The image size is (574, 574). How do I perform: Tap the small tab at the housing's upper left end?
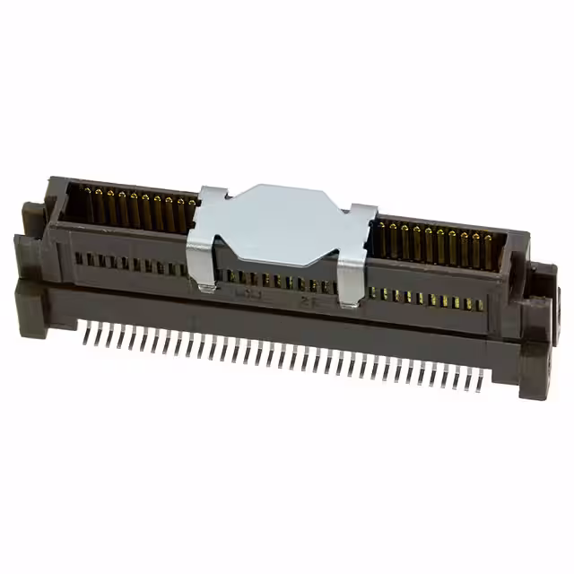[30, 213]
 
